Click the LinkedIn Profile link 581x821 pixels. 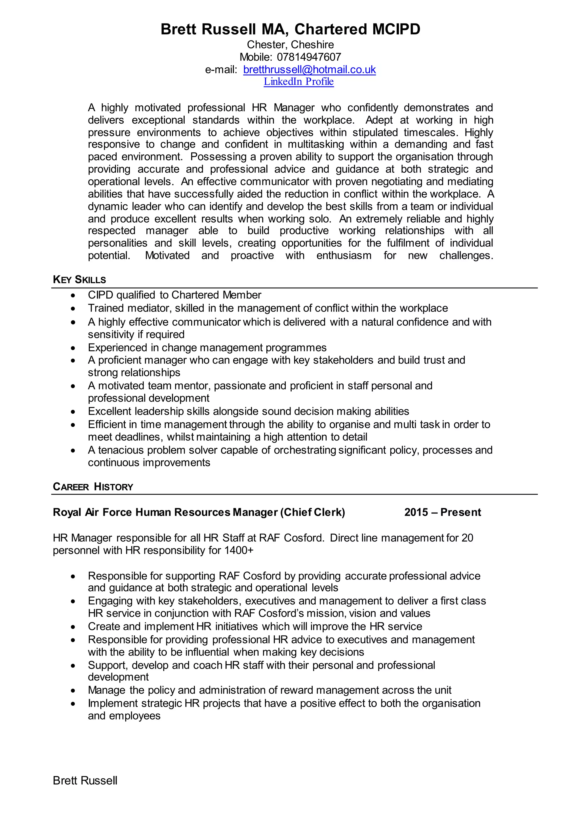pos(298,82)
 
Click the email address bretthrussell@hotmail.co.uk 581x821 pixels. pos(309,69)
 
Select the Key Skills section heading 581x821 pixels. pos(79,280)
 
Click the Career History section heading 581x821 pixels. pos(93,487)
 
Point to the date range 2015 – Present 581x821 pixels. pos(442,512)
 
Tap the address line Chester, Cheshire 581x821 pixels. pos(290,45)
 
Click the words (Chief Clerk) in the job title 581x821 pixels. pos(312,512)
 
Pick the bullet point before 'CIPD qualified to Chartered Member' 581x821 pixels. pos(73,295)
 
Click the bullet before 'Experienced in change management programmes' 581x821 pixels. pos(73,348)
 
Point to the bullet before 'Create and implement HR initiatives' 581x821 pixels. pos(73,627)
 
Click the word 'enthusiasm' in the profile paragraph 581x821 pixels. pos(344,255)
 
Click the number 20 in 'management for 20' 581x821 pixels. pos(467,538)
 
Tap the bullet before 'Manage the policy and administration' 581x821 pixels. pos(73,691)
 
